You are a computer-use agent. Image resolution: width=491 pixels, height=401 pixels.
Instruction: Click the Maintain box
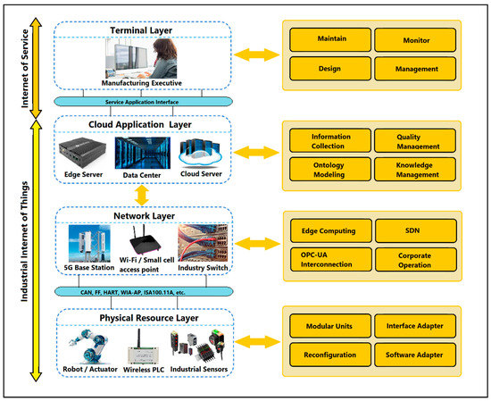click(x=331, y=39)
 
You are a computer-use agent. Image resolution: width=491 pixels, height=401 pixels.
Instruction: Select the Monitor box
click(x=414, y=39)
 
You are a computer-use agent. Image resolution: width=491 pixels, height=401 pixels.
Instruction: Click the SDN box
click(x=414, y=231)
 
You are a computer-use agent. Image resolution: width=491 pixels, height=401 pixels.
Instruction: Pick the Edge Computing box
click(x=331, y=231)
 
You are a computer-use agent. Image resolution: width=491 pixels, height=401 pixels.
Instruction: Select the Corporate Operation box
click(x=414, y=258)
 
